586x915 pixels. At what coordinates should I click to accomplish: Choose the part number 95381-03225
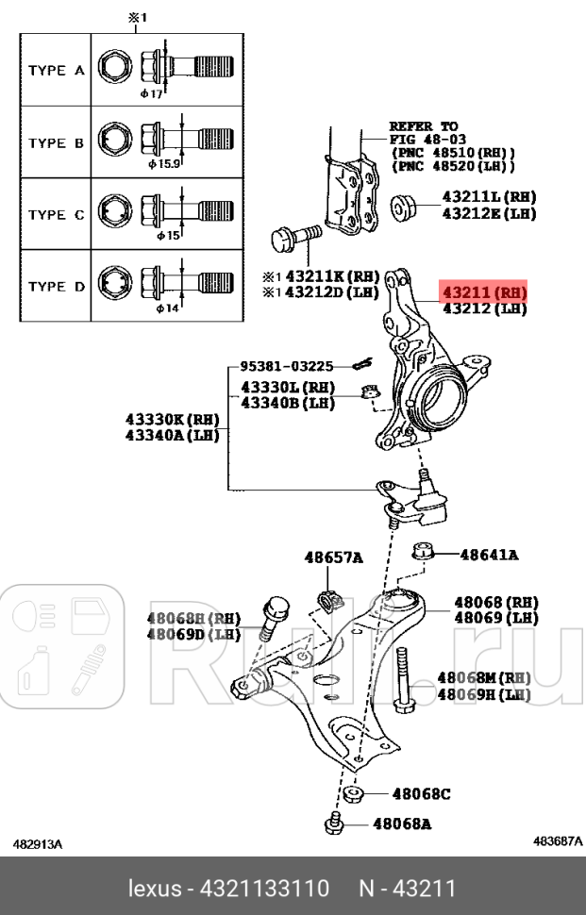286,366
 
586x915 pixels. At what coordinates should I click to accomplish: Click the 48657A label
332,557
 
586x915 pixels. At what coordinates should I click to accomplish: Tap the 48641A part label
489,555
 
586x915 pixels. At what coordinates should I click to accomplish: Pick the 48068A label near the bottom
402,824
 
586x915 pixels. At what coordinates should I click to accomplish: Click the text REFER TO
423,125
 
